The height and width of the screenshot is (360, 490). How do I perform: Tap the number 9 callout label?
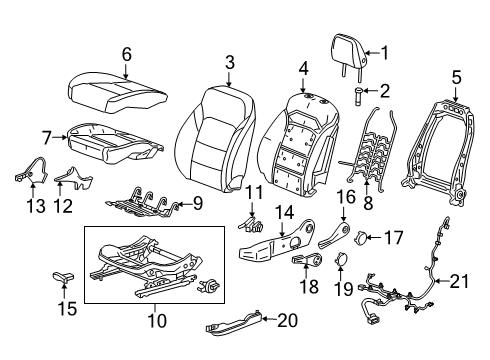(197, 204)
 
